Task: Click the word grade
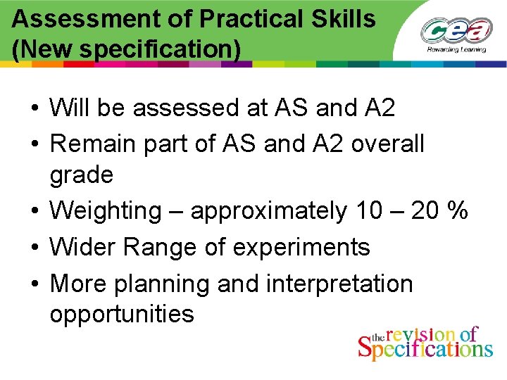[81, 175]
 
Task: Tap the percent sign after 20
[458, 210]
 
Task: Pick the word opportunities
[121, 315]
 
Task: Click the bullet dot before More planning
[35, 284]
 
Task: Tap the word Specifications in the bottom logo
[425, 348]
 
